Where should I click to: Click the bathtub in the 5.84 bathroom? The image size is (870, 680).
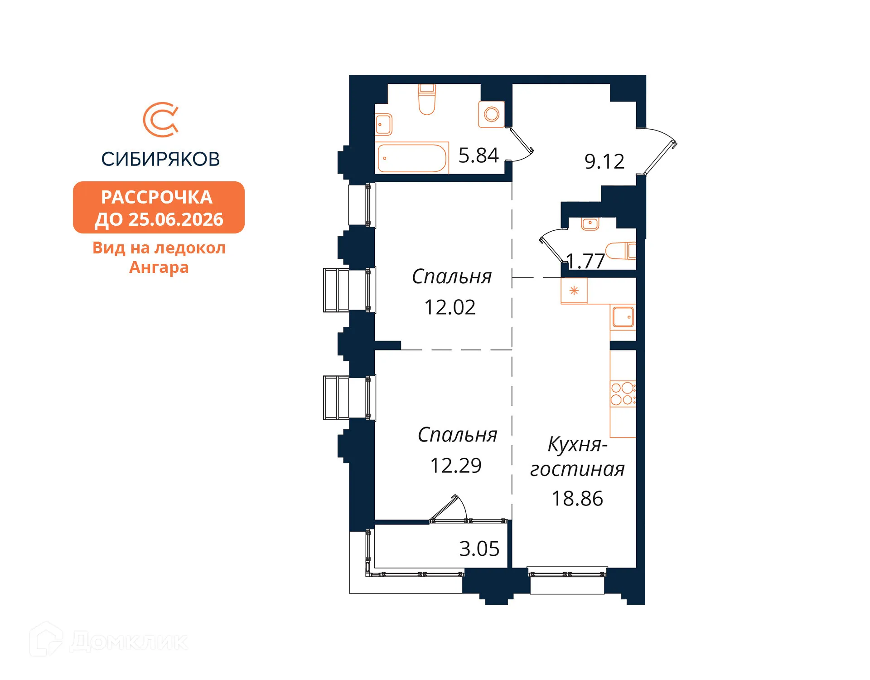pos(412,158)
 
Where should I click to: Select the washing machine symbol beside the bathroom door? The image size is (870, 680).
pos(492,114)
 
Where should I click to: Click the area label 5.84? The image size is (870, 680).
pos(478,155)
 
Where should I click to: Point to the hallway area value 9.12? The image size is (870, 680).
pos(604,161)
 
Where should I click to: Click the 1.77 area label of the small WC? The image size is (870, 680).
pos(585,261)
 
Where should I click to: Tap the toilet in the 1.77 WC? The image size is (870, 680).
pos(621,251)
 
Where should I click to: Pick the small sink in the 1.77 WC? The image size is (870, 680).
pos(590,223)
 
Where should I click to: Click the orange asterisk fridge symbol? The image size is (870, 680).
pos(574,291)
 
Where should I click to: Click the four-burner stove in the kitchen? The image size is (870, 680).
pos(623,394)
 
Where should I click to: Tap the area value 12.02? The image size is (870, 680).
pos(450,307)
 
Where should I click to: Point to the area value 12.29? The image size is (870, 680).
pos(456,466)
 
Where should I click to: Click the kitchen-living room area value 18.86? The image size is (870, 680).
pos(577,499)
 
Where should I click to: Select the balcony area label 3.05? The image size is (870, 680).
pos(479,549)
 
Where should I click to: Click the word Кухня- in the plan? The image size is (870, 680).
pos(578,445)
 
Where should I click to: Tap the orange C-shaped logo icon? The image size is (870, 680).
pos(161,120)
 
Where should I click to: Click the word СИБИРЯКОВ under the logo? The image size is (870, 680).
pos(160,159)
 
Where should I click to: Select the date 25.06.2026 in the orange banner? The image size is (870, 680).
pos(176,219)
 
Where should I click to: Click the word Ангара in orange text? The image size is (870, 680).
pos(159,267)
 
